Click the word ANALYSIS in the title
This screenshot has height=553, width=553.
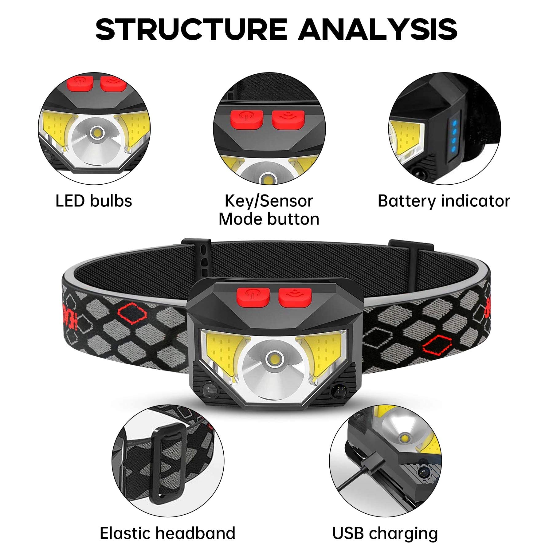[378, 29]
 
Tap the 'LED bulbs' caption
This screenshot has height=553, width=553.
[94, 201]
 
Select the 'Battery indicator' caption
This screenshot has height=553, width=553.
[444, 201]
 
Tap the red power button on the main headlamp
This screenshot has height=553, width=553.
[253, 297]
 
